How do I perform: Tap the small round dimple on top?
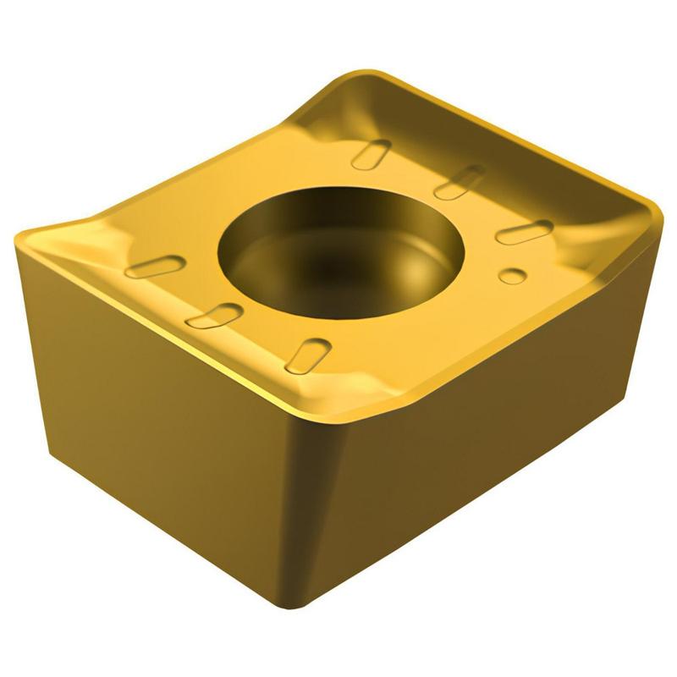pyautogui.click(x=510, y=275)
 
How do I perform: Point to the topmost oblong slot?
pyautogui.click(x=370, y=154)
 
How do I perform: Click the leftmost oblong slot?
pyautogui.click(x=156, y=267)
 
